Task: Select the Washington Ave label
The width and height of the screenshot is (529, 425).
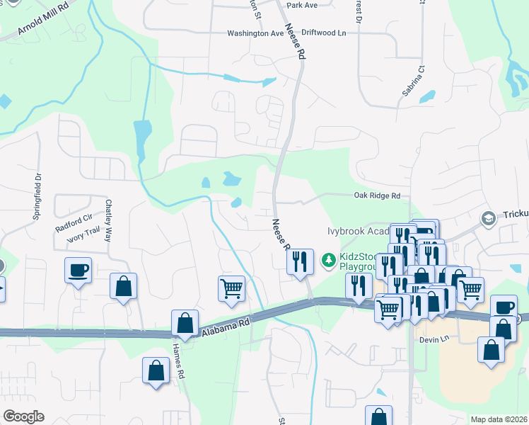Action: click(x=255, y=33)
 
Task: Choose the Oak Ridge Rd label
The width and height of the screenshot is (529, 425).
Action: click(x=377, y=196)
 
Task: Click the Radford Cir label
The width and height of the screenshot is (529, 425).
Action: click(x=74, y=229)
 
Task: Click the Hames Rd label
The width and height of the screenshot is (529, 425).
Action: click(x=179, y=361)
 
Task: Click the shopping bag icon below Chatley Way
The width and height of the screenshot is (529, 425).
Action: click(x=123, y=286)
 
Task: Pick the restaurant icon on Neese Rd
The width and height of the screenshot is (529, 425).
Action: click(x=300, y=261)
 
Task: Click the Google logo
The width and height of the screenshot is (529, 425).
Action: click(x=23, y=416)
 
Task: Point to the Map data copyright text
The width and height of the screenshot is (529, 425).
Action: click(x=499, y=419)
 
